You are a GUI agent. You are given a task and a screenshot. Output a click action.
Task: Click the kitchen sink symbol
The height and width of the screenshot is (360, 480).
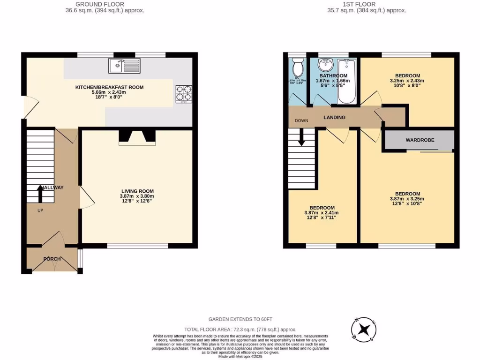[124, 66]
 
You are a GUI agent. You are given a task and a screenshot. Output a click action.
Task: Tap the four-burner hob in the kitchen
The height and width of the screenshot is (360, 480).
[184, 93]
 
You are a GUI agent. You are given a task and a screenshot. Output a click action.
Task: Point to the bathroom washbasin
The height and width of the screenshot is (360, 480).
[325, 65]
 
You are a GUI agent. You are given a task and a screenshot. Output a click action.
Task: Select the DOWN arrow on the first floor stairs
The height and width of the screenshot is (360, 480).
[301, 136]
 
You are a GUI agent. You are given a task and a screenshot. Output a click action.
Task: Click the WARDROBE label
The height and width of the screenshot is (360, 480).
[419, 140]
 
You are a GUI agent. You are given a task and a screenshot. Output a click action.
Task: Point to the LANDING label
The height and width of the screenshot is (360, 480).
[334, 117]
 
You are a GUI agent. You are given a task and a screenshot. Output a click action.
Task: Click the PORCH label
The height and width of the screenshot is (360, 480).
[52, 259]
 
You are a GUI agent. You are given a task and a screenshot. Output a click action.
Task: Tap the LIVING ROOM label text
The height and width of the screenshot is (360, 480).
[137, 191]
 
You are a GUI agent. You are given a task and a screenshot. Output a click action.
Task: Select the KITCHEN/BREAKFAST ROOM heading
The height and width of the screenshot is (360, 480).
[110, 87]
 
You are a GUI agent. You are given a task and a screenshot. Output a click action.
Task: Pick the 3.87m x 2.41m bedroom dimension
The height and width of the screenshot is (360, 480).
[322, 213]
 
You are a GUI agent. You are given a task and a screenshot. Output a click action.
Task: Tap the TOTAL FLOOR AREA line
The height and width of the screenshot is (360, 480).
[240, 330]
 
